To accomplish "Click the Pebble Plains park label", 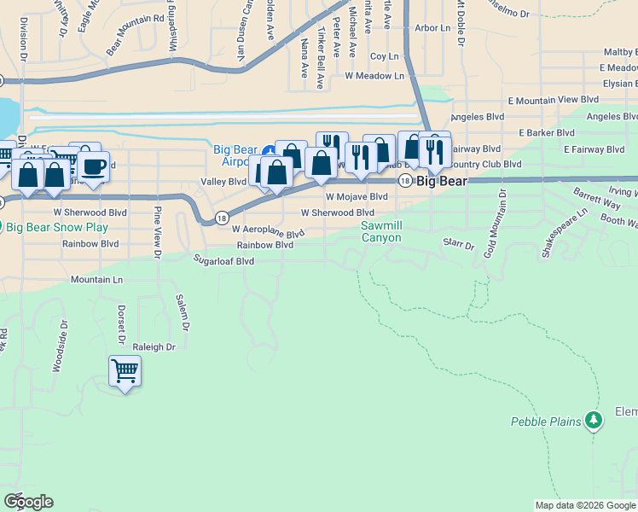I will pos(546,422).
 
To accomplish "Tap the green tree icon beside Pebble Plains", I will pos(594,420).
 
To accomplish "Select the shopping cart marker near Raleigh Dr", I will pos(125,372).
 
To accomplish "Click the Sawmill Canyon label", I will pos(380,231).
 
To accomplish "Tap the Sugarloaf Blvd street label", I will pos(224,260).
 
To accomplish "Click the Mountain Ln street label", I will pos(96,279).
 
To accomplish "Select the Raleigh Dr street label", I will pos(154,347).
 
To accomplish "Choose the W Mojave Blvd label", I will pos(357,196).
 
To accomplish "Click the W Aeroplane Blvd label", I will pos(268,231).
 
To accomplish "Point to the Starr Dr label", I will pos(458,244).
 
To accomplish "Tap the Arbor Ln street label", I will pos(432,28).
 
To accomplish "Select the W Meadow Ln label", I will pos(374,76).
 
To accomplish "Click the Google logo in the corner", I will pos(28,502).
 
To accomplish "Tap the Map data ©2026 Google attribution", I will pos(584,505).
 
